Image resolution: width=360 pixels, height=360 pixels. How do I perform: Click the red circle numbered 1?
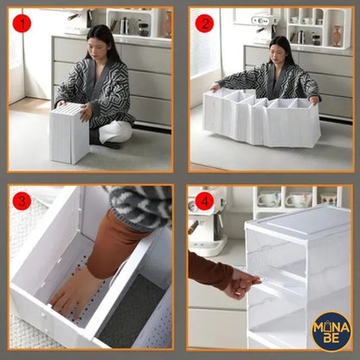pos(22,23)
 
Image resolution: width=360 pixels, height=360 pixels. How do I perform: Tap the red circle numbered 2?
pos(204,23)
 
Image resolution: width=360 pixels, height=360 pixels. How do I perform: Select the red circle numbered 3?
pos(22,201)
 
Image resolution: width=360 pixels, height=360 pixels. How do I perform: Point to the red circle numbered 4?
pos(204,201)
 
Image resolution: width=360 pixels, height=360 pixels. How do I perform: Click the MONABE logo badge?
pos(331,331)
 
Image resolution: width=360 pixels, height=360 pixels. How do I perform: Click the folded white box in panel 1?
pos(69,133)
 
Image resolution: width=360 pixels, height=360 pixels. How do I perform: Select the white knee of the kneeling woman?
pos(115,132)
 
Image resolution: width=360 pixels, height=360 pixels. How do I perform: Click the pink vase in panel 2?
pos(337,35)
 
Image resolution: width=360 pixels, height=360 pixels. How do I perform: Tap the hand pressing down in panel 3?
pos(75,292)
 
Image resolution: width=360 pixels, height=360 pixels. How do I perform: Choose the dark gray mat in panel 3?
pos(132,310)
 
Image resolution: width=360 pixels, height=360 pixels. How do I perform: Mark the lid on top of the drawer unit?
pos(299,222)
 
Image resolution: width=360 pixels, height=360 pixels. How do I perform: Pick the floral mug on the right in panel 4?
pos(329,198)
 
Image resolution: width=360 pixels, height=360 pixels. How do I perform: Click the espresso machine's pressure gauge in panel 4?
pos(191,206)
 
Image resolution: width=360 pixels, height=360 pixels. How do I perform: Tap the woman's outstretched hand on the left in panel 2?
pos(215,87)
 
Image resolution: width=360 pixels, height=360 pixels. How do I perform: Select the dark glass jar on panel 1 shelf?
pos(144,29)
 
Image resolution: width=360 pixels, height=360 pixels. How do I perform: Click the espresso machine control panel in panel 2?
pos(260,21)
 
